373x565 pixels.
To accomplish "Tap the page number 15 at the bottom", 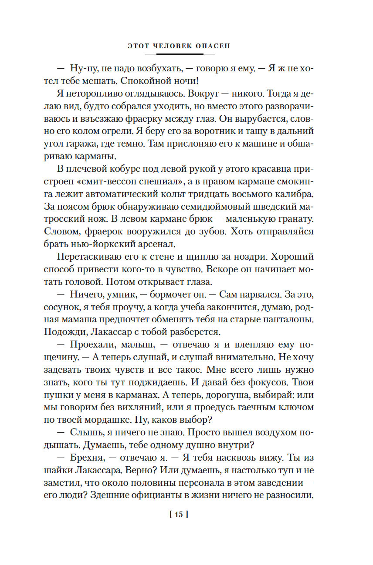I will coord(179,515).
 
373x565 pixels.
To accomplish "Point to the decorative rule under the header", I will coord(180,54).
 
